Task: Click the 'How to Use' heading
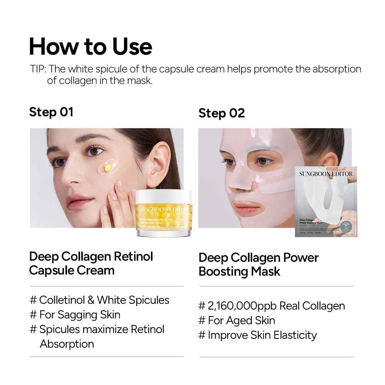pyautogui.click(x=90, y=46)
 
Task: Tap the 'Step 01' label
pyautogui.click(x=51, y=112)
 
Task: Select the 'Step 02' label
pyautogui.click(x=221, y=113)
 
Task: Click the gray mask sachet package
pyautogui.click(x=326, y=201)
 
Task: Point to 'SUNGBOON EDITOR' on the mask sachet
pyautogui.click(x=326, y=174)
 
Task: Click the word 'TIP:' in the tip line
pyautogui.click(x=38, y=69)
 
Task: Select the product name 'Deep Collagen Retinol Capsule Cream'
pyautogui.click(x=91, y=263)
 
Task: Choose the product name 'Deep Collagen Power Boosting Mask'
pyautogui.click(x=258, y=264)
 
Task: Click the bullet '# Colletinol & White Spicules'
pyautogui.click(x=99, y=300)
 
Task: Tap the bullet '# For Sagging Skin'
pyautogui.click(x=75, y=315)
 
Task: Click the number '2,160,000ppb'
pyautogui.click(x=242, y=306)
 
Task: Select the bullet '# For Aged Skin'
pyautogui.click(x=237, y=320)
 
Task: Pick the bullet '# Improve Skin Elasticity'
pyautogui.click(x=258, y=335)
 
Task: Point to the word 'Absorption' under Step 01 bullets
pyautogui.click(x=67, y=344)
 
